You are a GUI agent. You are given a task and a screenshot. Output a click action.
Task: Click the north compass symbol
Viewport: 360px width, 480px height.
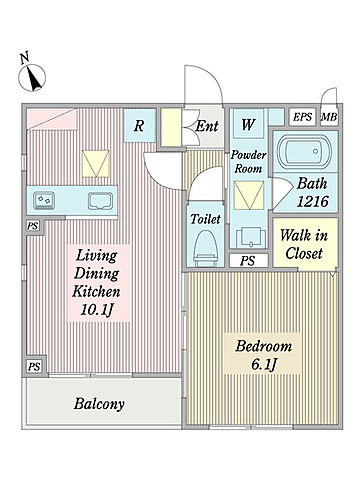point(32,77)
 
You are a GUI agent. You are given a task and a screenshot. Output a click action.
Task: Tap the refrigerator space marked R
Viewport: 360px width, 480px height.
point(139,126)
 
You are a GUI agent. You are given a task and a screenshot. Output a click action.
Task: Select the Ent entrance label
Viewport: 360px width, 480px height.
point(207,126)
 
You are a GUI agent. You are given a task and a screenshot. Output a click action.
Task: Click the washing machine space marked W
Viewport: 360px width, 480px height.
point(248,124)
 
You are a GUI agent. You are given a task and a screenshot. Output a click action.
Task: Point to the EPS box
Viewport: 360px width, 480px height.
point(302,117)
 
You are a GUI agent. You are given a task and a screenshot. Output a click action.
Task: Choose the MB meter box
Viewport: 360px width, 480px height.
point(329,117)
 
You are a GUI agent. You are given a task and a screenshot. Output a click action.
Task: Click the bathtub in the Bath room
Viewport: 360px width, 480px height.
point(305,151)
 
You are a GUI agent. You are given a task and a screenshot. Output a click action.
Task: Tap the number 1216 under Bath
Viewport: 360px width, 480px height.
point(313,201)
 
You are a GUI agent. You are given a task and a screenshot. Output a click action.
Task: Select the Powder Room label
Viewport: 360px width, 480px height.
point(249,162)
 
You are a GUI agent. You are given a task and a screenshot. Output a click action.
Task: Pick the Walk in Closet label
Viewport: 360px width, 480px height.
point(304,244)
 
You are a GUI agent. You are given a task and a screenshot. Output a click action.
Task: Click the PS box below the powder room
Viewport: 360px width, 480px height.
point(249,260)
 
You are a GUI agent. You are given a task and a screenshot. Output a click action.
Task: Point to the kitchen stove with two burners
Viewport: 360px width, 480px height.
point(44,201)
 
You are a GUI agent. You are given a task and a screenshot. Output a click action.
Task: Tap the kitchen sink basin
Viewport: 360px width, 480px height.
point(99,201)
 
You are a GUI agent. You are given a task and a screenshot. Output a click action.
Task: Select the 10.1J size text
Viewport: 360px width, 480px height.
point(96,310)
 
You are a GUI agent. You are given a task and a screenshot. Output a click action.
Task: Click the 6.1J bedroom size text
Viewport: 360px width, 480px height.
point(264,364)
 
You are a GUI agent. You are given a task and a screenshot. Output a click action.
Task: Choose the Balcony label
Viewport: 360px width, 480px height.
point(99,404)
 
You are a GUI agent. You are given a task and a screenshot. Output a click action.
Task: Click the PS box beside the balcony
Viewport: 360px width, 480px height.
point(34,367)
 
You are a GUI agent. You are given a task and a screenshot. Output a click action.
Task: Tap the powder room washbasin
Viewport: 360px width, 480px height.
point(249,238)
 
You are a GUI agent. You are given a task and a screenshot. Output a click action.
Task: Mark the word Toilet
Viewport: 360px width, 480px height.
point(205,219)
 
